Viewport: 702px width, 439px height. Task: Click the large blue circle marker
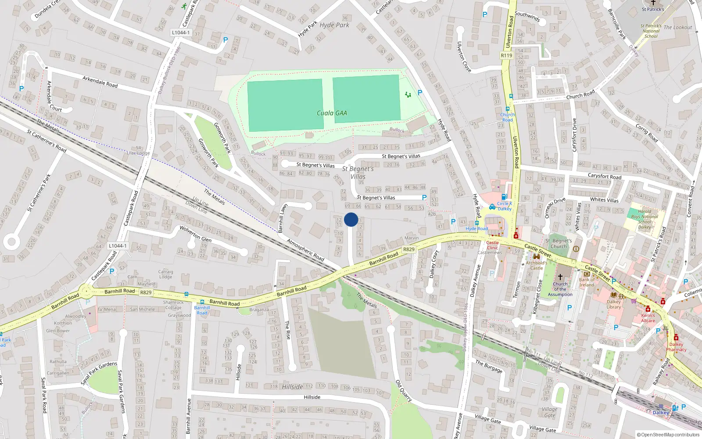pyautogui.click(x=351, y=219)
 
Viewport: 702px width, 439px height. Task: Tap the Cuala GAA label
pyautogui.click(x=332, y=113)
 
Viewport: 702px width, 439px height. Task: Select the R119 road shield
pyautogui.click(x=506, y=56)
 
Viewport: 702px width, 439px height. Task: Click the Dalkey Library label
pyautogui.click(x=614, y=304)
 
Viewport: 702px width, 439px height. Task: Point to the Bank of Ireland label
pyautogui.click(x=587, y=282)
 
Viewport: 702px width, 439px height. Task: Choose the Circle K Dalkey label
pyautogui.click(x=505, y=206)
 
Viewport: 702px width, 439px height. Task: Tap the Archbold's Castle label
pyautogui.click(x=537, y=265)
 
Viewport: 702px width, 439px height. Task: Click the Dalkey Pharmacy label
pyautogui.click(x=676, y=347)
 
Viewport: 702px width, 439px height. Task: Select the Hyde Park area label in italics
pyautogui.click(x=334, y=25)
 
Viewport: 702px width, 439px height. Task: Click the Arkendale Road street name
pyautogui.click(x=100, y=82)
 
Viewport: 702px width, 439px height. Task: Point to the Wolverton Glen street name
pyautogui.click(x=195, y=234)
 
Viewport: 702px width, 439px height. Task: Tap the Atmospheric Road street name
pyautogui.click(x=305, y=250)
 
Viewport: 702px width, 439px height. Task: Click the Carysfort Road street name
pyautogui.click(x=605, y=176)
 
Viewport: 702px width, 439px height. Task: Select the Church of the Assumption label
pyautogui.click(x=560, y=289)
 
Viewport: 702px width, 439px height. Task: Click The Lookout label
pyautogui.click(x=677, y=27)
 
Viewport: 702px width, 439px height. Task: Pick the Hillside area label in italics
pyautogui.click(x=292, y=387)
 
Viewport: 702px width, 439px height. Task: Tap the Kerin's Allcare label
pyautogui.click(x=648, y=318)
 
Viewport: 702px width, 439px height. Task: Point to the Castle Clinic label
pyautogui.click(x=492, y=245)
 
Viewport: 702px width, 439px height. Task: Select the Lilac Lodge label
pyautogui.click(x=138, y=153)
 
